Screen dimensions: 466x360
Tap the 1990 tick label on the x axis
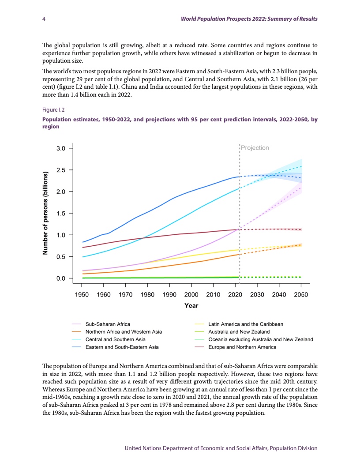pos(169,294)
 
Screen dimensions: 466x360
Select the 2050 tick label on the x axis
pos(301,294)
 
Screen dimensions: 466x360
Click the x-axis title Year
pos(191,305)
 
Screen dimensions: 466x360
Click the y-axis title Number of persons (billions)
pos(45,213)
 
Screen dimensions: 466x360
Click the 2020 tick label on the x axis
pos(235,294)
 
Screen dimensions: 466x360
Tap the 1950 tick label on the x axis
pos(82,294)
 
